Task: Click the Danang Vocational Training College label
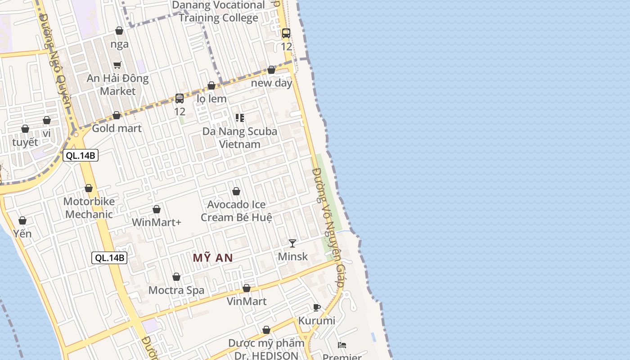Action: pos(219,12)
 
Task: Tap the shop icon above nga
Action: pos(119,31)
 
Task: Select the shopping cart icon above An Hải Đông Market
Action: pos(117,65)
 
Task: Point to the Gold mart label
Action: pos(117,128)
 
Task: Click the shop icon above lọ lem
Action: pos(211,85)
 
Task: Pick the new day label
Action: pos(271,83)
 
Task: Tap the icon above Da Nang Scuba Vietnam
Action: pos(240,118)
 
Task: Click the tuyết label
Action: pos(25,142)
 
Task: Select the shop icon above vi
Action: pos(47,120)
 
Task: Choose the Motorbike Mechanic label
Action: pos(89,208)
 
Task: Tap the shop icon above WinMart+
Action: pos(157,209)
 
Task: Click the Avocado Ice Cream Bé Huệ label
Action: pos(236,211)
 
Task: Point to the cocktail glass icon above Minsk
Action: pos(292,243)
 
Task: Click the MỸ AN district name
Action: pos(213,258)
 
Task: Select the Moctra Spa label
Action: pos(176,290)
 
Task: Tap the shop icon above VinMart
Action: pos(247,288)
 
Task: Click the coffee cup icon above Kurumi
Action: pos(317,307)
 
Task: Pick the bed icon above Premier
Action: pos(342,345)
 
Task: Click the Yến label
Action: pos(22,234)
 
